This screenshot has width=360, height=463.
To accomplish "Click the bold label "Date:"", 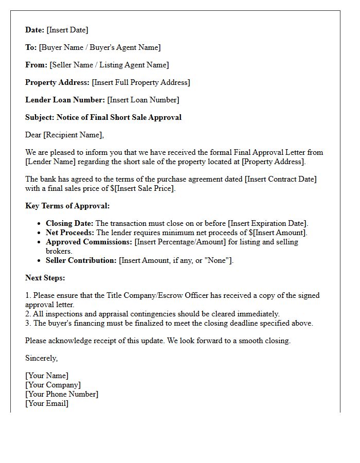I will pyautogui.click(x=35, y=30).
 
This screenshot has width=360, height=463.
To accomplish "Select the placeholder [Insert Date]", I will pyautogui.click(x=67, y=30).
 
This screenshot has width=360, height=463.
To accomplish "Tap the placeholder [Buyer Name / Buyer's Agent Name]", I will pyautogui.click(x=100, y=47).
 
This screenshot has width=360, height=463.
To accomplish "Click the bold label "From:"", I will pyautogui.click(x=37, y=65).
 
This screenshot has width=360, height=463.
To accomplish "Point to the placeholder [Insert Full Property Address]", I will pyautogui.click(x=141, y=82).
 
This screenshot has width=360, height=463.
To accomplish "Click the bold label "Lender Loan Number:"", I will pyautogui.click(x=65, y=100).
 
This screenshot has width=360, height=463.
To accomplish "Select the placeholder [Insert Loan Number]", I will pyautogui.click(x=143, y=100).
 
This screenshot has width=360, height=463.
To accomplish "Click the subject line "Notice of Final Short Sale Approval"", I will pyautogui.click(x=119, y=117).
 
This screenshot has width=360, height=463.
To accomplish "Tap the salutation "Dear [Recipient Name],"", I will pyautogui.click(x=64, y=135).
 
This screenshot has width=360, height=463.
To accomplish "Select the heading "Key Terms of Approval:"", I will pyautogui.click(x=67, y=206).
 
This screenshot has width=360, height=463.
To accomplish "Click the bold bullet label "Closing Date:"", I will pyautogui.click(x=70, y=223).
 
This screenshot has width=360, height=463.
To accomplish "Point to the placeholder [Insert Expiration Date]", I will pyautogui.click(x=267, y=223).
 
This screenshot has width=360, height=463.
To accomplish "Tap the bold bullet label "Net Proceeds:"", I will pyautogui.click(x=70, y=233).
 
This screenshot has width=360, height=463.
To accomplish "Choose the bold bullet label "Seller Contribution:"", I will pyautogui.click(x=81, y=260).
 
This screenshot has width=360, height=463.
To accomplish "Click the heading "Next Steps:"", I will pyautogui.click(x=45, y=278).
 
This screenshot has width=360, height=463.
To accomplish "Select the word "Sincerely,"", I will pyautogui.click(x=42, y=358).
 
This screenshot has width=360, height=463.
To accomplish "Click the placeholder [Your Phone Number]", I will pyautogui.click(x=62, y=394).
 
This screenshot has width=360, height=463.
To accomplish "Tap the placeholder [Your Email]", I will pyautogui.click(x=47, y=403).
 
